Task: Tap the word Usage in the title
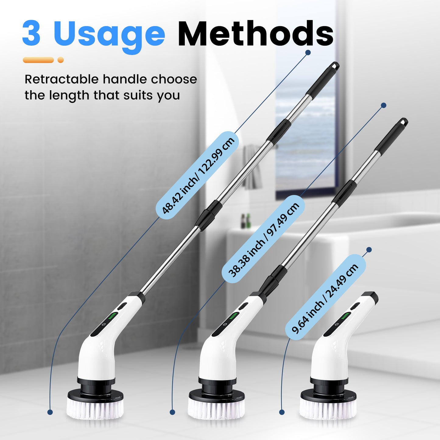109,37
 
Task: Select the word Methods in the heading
256,33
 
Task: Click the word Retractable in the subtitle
62,79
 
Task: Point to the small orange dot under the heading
61,60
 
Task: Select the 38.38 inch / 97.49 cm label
263,239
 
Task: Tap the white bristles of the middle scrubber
216,408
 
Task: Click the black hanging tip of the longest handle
335,66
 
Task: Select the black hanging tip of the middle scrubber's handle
403,123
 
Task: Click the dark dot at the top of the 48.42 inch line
308,53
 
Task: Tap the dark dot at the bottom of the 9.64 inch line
282,412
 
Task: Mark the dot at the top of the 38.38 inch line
384,105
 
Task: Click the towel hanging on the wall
252,167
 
